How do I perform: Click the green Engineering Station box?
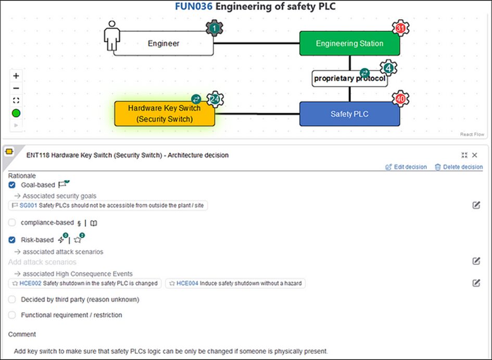click(349, 44)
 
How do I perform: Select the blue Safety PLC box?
click(349, 114)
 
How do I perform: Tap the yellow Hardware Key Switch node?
click(165, 114)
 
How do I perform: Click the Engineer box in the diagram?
click(163, 44)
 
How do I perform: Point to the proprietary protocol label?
click(349, 79)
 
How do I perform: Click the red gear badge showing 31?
click(400, 29)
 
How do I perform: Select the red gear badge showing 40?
click(400, 99)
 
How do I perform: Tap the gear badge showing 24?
click(214, 99)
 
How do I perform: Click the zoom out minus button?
click(16, 88)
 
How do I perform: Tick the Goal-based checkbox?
click(12, 185)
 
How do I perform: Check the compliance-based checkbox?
click(12, 223)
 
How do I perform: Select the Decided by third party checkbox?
click(12, 300)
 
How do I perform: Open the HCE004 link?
click(187, 284)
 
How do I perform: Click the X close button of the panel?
click(474, 155)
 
